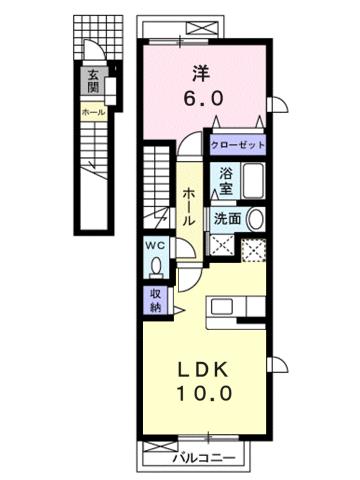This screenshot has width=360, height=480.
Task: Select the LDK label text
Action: (208, 367)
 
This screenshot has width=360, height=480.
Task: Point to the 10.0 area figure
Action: (209, 393)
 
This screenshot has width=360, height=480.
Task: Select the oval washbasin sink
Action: (256, 220)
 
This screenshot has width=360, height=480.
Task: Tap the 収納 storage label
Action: (156, 301)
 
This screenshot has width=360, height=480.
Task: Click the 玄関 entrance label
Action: (92, 79)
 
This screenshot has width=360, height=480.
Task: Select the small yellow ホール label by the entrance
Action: (92, 112)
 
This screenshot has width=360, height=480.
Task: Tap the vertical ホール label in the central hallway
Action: (187, 205)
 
